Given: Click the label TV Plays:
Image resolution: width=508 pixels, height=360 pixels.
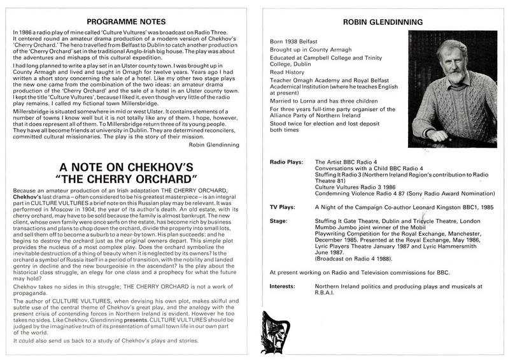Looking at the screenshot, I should tap(283, 225).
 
